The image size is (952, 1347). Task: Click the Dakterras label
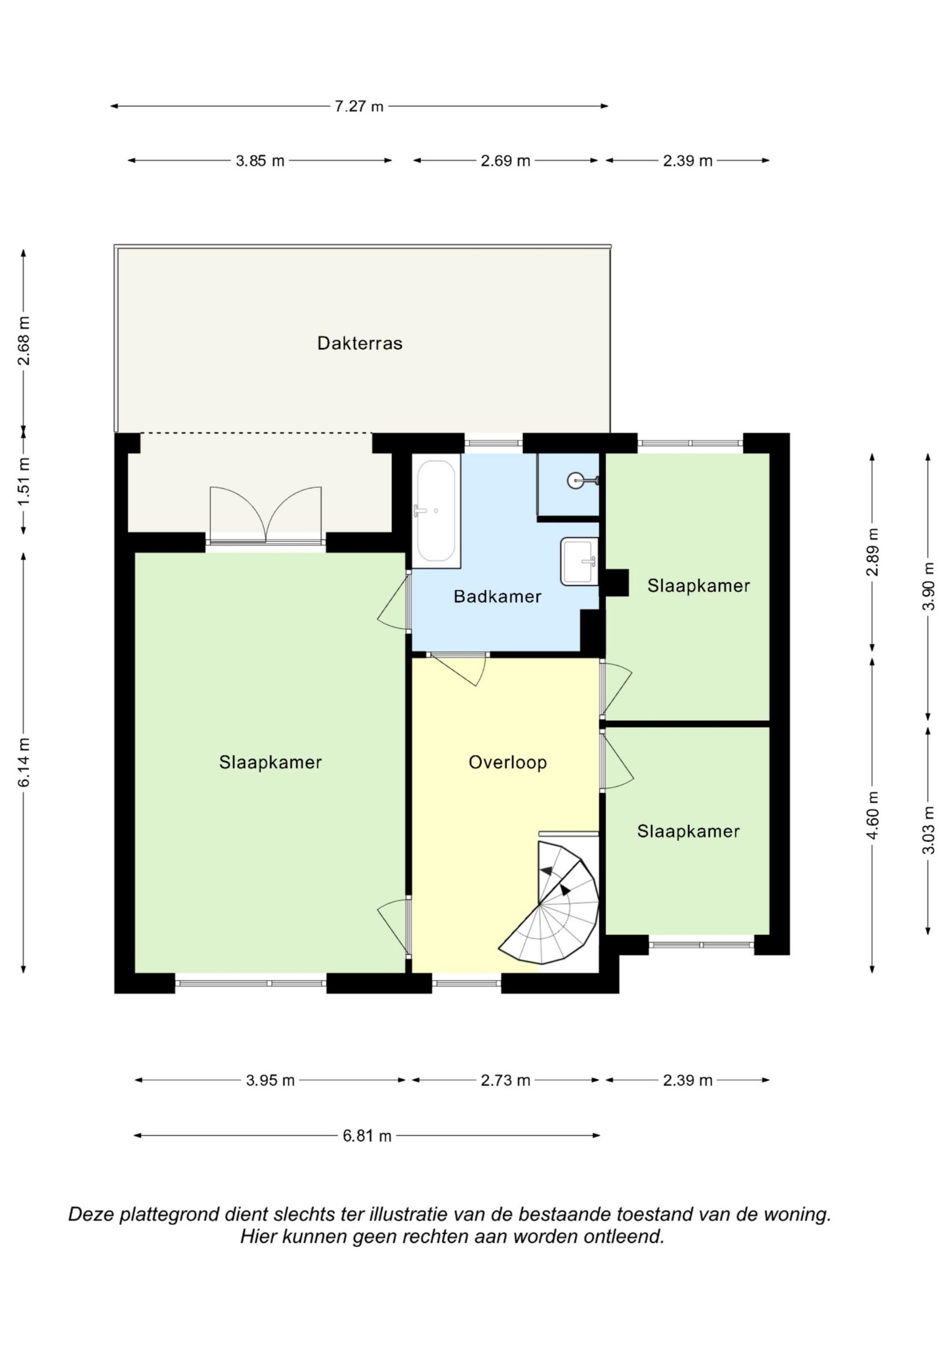[x=359, y=343]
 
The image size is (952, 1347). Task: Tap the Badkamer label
[x=497, y=597]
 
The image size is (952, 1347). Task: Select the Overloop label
[x=507, y=762]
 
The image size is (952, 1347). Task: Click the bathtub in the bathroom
[x=436, y=511]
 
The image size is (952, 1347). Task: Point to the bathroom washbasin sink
[x=579, y=561]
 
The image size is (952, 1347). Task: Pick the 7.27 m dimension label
[x=359, y=106]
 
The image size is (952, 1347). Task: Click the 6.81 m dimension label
[x=367, y=1137]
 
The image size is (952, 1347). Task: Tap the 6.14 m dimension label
[x=23, y=762]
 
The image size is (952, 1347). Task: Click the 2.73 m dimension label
[x=506, y=1080]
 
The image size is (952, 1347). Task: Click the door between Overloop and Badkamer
[x=457, y=669]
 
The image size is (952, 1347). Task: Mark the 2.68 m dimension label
[x=23, y=341]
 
